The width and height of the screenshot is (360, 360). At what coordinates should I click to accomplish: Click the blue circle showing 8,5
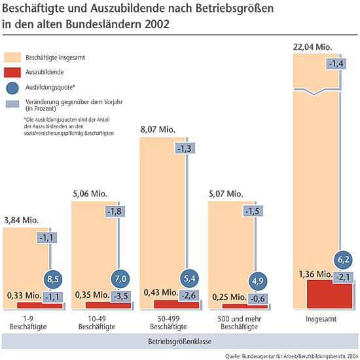coord(53,279)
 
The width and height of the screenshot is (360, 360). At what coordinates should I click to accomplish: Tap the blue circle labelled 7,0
coord(120,279)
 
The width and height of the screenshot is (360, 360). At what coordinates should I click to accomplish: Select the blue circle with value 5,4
coord(189,278)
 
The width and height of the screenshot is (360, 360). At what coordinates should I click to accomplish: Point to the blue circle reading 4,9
coord(258,281)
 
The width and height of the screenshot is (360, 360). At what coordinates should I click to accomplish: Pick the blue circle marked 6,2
coord(343,260)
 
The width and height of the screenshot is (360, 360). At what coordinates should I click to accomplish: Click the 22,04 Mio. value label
coord(312,47)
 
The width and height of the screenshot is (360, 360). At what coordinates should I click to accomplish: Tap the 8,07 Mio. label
coord(158,130)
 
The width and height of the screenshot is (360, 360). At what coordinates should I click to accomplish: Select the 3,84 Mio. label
coord(22,220)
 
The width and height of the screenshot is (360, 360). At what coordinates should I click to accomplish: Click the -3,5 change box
coord(121,296)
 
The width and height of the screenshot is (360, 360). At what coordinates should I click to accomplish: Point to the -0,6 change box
coord(258,298)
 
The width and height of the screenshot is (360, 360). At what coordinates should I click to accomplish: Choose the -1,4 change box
coord(336,63)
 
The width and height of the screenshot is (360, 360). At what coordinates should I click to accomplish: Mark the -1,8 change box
coord(115,211)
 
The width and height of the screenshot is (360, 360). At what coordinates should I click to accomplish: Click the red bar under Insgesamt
coord(329,294)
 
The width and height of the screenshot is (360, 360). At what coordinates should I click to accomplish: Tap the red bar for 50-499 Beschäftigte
coord(176,304)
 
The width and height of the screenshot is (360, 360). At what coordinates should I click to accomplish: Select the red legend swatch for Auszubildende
coord(12,72)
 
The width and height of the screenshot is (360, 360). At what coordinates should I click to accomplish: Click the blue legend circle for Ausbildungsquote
coord(12,88)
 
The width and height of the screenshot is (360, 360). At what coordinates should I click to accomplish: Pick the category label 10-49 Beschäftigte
coord(97,323)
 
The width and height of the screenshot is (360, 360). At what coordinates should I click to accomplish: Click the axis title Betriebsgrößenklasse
coord(180,342)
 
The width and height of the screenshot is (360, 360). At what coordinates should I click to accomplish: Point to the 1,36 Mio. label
coord(315,274)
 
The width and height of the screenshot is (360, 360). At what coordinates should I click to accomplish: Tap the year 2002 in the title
coord(157,24)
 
